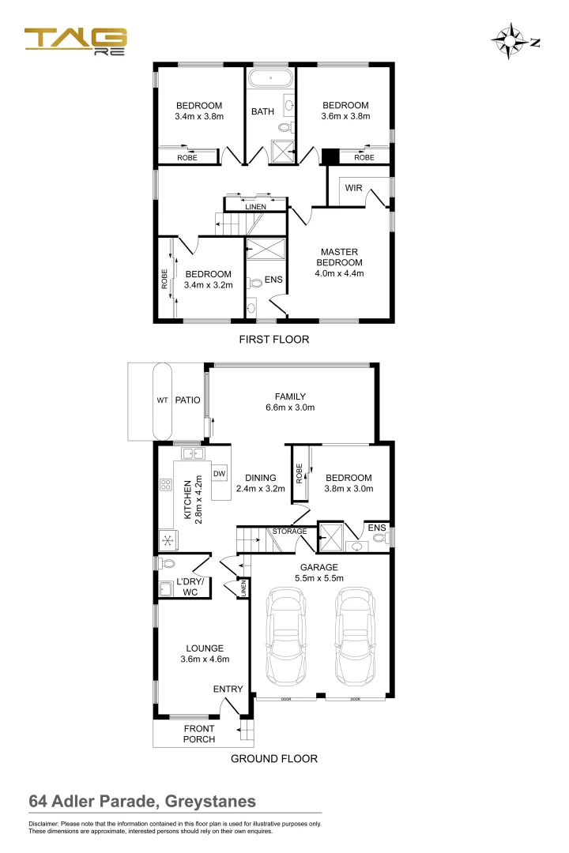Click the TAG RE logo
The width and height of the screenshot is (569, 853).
coord(75,40)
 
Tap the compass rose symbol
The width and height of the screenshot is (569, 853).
coord(510,42)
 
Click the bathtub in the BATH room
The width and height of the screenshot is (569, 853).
coord(271,79)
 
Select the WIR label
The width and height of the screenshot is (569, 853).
coord(353,189)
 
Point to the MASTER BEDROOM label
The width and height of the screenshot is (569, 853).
coord(339,257)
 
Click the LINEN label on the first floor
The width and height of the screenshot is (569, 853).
coord(255,208)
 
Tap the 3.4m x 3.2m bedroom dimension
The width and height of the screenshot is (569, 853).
coord(209,285)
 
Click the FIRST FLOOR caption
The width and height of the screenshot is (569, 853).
coord(273,340)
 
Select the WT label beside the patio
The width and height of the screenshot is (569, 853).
coord(162,400)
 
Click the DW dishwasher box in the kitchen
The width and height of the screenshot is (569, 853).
coord(220,474)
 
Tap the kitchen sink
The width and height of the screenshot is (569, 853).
coord(193,453)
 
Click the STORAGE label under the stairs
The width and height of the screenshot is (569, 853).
coord(289,532)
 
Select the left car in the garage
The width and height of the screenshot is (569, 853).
coord(286,637)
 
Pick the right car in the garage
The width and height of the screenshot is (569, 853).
coord(354,637)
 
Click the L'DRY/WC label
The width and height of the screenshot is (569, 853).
coord(190,587)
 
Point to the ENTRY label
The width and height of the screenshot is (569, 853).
coord(228,690)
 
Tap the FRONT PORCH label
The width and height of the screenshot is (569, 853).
coord(198,734)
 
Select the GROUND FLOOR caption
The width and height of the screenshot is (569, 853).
coord(273,759)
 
